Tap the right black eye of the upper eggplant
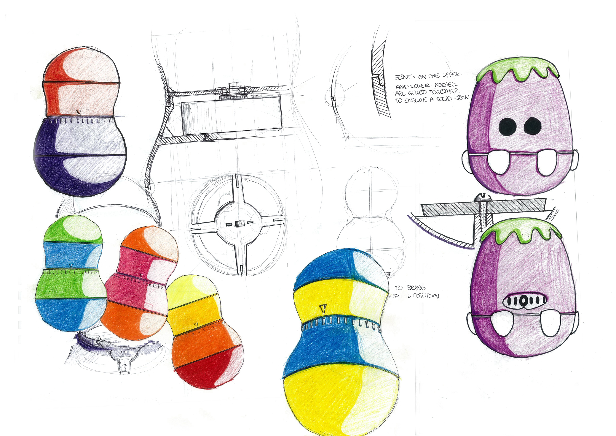(533, 126)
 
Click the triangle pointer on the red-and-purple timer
(79, 111)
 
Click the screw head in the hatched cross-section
(482, 198)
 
